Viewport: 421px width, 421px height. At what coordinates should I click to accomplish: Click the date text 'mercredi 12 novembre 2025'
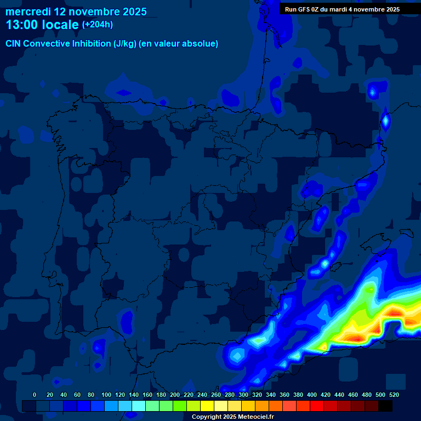[76, 12]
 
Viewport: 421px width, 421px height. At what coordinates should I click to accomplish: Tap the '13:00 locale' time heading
[42, 25]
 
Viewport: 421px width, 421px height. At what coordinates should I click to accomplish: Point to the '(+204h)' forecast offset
[98, 25]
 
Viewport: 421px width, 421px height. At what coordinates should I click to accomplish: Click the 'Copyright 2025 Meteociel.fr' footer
[232, 417]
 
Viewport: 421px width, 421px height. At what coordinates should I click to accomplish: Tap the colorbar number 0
[35, 395]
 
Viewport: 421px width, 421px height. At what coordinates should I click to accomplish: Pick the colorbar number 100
[106, 395]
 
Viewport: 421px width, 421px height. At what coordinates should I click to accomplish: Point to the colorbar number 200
[175, 395]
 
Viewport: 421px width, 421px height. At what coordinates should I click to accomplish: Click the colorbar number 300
[243, 395]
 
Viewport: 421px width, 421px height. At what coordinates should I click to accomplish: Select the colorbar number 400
[312, 395]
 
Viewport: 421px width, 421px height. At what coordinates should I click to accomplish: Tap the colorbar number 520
[394, 395]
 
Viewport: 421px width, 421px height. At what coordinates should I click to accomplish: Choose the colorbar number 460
[353, 395]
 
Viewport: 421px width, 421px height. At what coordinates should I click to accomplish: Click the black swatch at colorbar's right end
[385, 406]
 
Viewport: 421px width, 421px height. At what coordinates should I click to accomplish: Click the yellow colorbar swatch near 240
[207, 406]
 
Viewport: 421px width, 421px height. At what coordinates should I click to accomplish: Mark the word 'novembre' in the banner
[368, 9]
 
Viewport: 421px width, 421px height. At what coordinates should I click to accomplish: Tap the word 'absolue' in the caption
[201, 44]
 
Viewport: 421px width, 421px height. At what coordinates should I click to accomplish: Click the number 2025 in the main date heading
[133, 12]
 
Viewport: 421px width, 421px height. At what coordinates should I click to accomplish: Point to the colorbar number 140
[134, 395]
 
